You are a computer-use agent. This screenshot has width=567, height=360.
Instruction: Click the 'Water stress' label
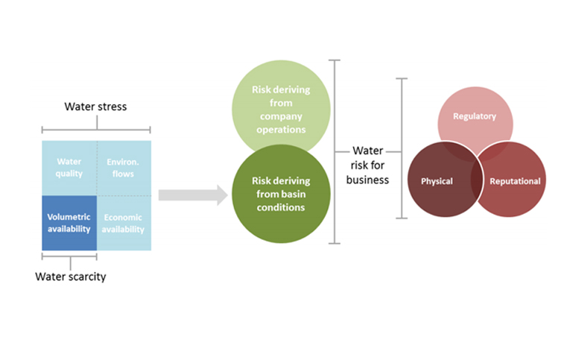(x=95, y=107)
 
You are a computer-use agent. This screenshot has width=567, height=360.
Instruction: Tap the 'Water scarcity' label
(x=71, y=277)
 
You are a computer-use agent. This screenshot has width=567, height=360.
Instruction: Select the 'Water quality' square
(x=69, y=168)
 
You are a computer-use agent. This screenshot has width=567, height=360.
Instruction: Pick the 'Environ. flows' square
(x=124, y=168)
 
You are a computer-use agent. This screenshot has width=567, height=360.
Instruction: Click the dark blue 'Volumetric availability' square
(x=69, y=223)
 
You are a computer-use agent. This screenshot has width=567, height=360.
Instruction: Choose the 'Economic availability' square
(x=124, y=223)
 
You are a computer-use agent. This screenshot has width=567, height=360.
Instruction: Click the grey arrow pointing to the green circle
(x=193, y=195)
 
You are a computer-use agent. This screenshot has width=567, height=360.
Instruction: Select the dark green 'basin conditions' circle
(x=281, y=194)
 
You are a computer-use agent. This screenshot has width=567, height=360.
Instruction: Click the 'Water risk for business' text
(x=367, y=165)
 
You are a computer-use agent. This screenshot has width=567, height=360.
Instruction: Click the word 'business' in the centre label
(x=367, y=180)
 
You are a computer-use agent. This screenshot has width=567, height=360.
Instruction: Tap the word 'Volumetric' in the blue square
(x=69, y=217)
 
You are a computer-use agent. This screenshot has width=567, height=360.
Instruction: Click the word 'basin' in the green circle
(x=294, y=195)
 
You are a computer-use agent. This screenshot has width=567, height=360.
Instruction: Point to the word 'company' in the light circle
(x=281, y=116)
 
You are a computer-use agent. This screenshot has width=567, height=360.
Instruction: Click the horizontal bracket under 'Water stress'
(x=96, y=129)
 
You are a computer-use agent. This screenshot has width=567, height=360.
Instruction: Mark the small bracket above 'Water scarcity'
(x=69, y=256)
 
